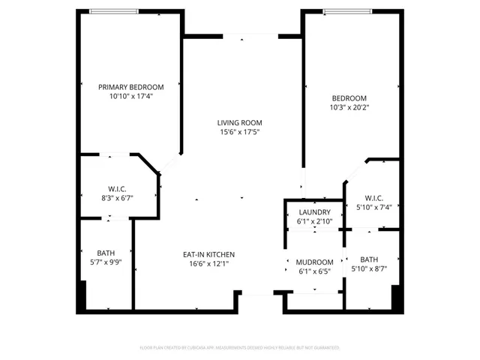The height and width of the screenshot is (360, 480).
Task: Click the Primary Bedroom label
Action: [x=131, y=87]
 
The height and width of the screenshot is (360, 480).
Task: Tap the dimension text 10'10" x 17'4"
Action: [x=131, y=96]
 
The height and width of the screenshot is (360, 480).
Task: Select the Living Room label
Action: [x=240, y=122]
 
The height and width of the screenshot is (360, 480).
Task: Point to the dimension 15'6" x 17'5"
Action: [x=240, y=132]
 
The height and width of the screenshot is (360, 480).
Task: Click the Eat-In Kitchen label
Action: [x=209, y=254]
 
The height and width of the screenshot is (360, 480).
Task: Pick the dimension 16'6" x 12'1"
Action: [x=209, y=263]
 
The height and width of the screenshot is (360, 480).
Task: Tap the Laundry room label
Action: [x=314, y=212]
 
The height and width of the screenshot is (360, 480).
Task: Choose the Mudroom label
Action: [x=314, y=262]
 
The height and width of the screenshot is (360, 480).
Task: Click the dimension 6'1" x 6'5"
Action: [x=314, y=271]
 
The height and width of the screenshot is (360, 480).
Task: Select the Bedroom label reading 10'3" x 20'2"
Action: [x=349, y=98]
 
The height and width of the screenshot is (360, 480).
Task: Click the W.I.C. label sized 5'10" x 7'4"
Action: [x=370, y=198]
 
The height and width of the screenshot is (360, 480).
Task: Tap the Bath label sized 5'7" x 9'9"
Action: [x=106, y=253]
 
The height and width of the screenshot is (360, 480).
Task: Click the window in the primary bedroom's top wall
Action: [x=112, y=10]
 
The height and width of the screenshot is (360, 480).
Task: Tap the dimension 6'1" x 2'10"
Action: [x=314, y=222]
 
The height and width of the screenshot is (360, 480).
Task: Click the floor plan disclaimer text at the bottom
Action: [x=240, y=348]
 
